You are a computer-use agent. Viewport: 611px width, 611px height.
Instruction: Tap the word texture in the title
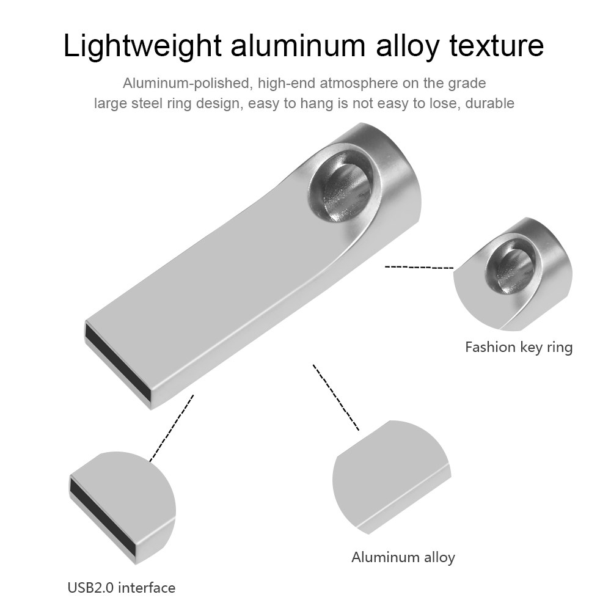(x=496, y=46)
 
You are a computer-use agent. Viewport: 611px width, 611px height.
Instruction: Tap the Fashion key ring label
(x=519, y=347)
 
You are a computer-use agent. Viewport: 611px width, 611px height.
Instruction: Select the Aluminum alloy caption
(x=403, y=557)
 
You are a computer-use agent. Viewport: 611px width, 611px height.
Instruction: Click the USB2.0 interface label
(x=122, y=588)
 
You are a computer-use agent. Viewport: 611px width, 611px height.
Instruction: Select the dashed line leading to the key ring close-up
(x=419, y=268)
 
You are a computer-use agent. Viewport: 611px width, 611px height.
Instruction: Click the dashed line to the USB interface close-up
(x=172, y=428)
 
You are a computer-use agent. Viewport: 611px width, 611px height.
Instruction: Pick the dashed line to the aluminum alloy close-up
(x=336, y=398)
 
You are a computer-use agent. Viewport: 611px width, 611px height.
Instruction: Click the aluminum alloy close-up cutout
(x=391, y=477)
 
